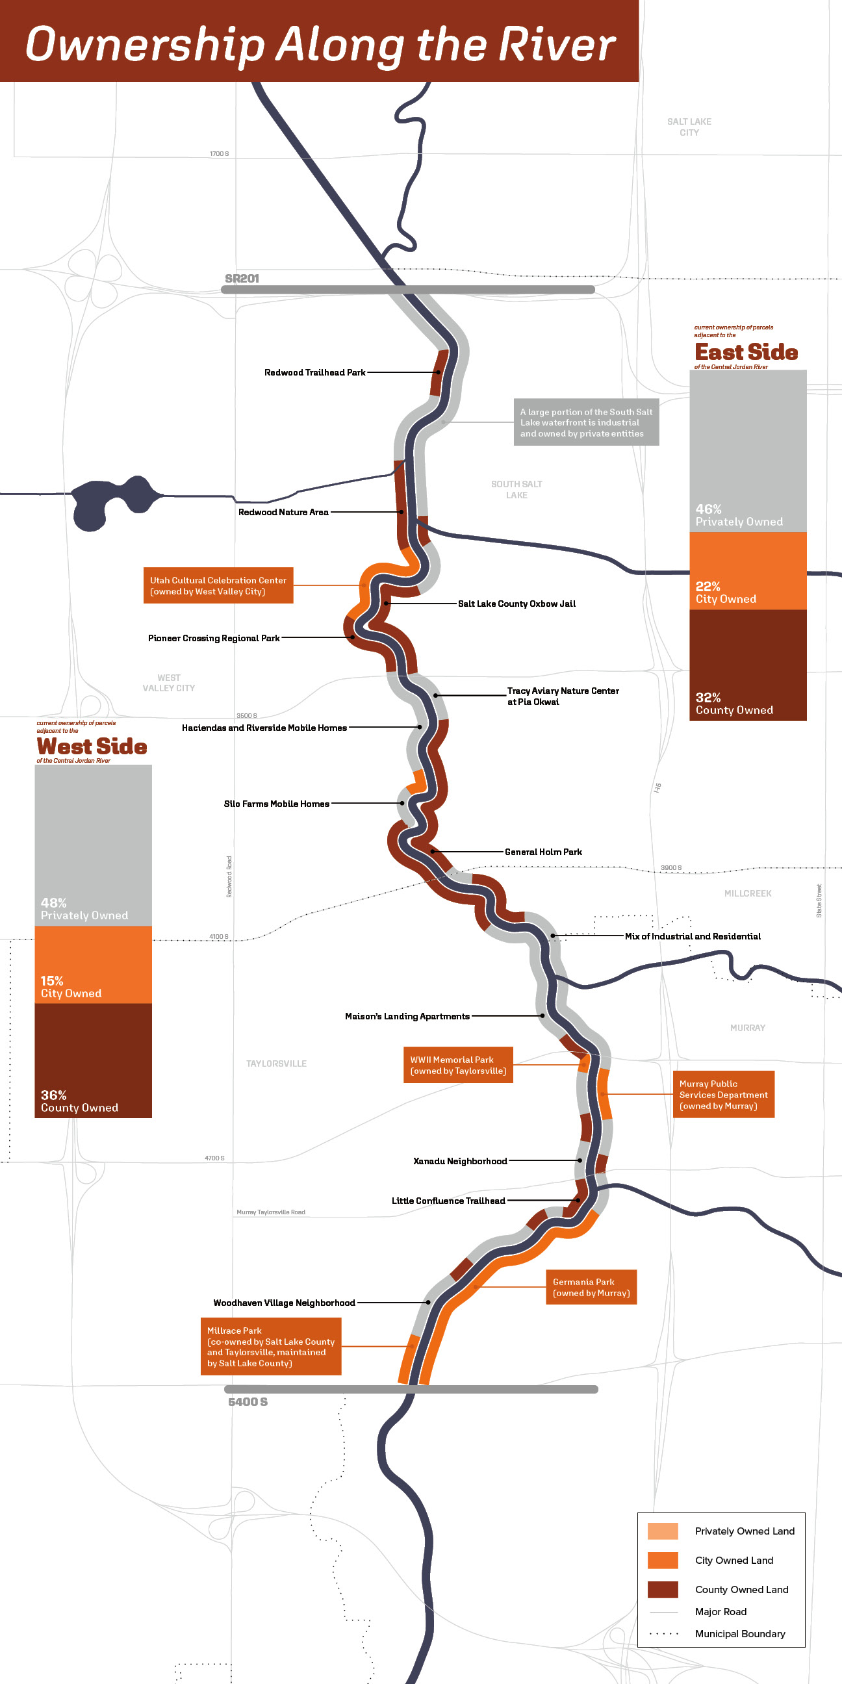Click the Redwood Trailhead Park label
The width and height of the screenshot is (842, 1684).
click(x=314, y=373)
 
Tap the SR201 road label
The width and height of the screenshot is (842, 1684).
click(x=242, y=279)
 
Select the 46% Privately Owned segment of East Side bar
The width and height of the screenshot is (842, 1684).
click(x=748, y=451)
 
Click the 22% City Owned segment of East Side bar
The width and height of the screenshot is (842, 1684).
click(x=748, y=570)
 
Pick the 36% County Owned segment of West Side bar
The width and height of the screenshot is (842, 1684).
click(x=93, y=1060)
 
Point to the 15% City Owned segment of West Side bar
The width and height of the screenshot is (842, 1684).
click(x=93, y=964)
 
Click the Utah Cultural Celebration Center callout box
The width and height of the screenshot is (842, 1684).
click(x=218, y=586)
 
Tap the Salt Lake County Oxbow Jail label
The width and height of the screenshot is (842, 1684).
click(x=517, y=604)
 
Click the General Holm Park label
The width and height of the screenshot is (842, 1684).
click(x=543, y=852)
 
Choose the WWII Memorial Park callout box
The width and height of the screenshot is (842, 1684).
click(x=458, y=1065)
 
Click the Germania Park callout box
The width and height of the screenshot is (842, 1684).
click(x=591, y=1287)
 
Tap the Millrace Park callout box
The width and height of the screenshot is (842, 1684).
click(x=271, y=1347)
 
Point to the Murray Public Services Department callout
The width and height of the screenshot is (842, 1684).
click(x=723, y=1094)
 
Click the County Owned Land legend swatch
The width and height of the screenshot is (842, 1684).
click(x=662, y=1589)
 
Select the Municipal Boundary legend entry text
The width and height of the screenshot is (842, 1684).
click(x=740, y=1634)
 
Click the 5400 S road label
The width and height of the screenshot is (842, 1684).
click(x=248, y=1402)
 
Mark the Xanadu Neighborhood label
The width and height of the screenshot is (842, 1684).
click(x=460, y=1161)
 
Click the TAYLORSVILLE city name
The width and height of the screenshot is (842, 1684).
click(x=277, y=1064)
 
